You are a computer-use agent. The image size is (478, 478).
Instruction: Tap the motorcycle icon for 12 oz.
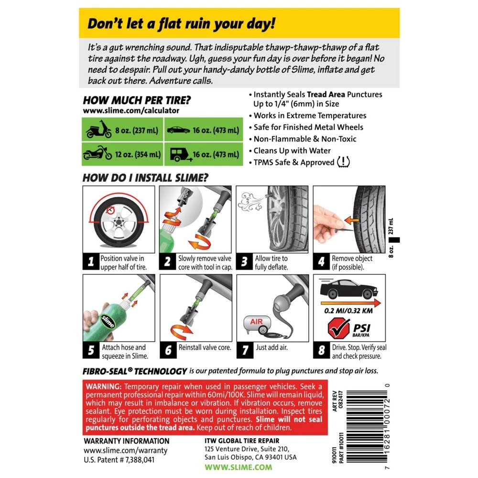pyautogui.click(x=98, y=154)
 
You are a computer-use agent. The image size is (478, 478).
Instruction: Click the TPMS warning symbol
pyautogui.click(x=343, y=163)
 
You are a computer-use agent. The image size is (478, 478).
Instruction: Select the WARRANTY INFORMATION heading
pyautogui.click(x=126, y=441)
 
